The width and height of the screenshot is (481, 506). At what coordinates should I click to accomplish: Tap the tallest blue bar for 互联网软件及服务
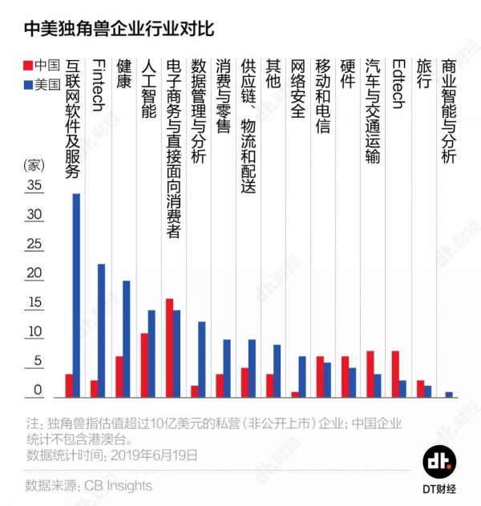[76, 295]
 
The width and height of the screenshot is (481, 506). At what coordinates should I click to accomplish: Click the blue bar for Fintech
[101, 330]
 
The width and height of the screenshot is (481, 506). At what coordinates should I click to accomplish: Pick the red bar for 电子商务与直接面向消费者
[169, 347]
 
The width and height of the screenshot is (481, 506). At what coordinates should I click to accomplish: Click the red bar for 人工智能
[144, 365]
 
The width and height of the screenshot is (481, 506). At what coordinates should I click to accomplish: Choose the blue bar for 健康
[126, 338]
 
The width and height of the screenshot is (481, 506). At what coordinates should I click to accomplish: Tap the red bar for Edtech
[394, 374]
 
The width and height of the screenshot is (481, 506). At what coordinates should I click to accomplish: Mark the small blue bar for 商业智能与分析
[449, 394]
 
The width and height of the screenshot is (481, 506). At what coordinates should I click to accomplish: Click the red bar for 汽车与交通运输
[370, 374]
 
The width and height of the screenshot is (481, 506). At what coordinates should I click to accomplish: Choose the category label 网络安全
[297, 88]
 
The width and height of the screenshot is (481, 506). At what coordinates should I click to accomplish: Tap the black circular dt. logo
[439, 462]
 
